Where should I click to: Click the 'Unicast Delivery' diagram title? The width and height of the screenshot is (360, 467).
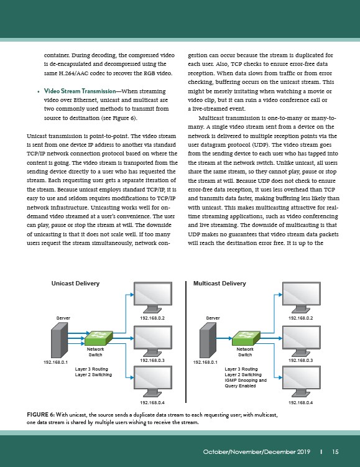click(x=75, y=283)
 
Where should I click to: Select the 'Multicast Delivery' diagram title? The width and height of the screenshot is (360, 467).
click(x=219, y=283)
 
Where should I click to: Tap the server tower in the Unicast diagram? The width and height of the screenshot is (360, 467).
click(x=59, y=340)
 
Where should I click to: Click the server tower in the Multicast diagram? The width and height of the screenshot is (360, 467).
click(x=208, y=340)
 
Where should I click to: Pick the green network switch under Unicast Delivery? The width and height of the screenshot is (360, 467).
click(x=99, y=338)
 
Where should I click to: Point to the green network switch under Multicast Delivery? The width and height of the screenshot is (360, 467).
click(x=246, y=338)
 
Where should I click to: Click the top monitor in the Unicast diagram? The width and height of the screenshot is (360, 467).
click(x=153, y=297)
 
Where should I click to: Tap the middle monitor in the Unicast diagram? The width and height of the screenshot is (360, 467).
click(x=153, y=341)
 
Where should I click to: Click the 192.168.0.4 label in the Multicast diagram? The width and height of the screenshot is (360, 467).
click(x=300, y=403)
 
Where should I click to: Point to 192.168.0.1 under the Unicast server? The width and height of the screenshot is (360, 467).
click(x=56, y=362)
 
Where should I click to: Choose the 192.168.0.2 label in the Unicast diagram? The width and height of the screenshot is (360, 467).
click(x=152, y=318)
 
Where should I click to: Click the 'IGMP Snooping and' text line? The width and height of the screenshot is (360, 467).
click(x=246, y=381)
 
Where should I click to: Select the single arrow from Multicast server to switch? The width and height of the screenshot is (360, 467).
click(x=224, y=338)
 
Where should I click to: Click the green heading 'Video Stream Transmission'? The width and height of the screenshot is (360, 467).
click(x=80, y=91)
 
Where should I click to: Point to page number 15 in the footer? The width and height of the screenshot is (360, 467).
click(x=335, y=452)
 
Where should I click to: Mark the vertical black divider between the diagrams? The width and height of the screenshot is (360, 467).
click(x=186, y=341)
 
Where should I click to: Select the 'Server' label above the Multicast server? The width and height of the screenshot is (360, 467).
click(x=213, y=318)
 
